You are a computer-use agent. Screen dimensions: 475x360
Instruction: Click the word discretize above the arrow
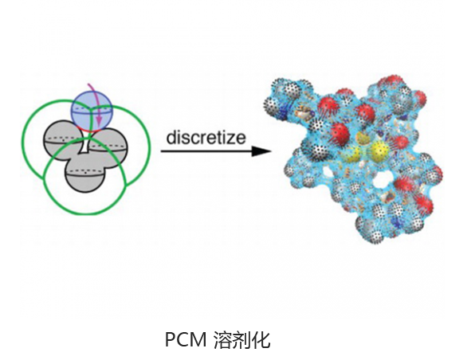(x=206, y=137)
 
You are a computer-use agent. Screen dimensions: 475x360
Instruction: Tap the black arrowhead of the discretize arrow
(x=261, y=151)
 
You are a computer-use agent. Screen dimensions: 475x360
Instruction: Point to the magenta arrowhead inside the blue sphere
(x=98, y=123)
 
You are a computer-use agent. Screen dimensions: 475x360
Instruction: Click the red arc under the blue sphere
(x=86, y=129)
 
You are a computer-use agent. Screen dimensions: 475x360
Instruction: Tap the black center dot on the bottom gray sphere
(x=85, y=173)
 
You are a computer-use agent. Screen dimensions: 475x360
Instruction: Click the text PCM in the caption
(x=186, y=340)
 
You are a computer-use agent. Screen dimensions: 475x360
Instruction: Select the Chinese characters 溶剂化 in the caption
(x=241, y=340)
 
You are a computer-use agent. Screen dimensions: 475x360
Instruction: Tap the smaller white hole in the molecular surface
(x=328, y=173)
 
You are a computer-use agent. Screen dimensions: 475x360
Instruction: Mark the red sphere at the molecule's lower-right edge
(x=424, y=203)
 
